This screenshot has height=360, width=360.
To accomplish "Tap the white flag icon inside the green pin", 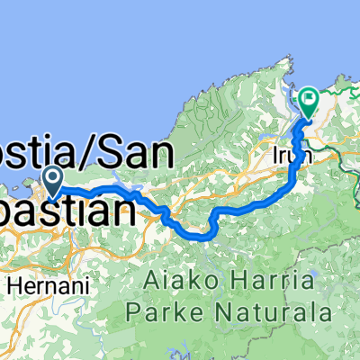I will (309, 100).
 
